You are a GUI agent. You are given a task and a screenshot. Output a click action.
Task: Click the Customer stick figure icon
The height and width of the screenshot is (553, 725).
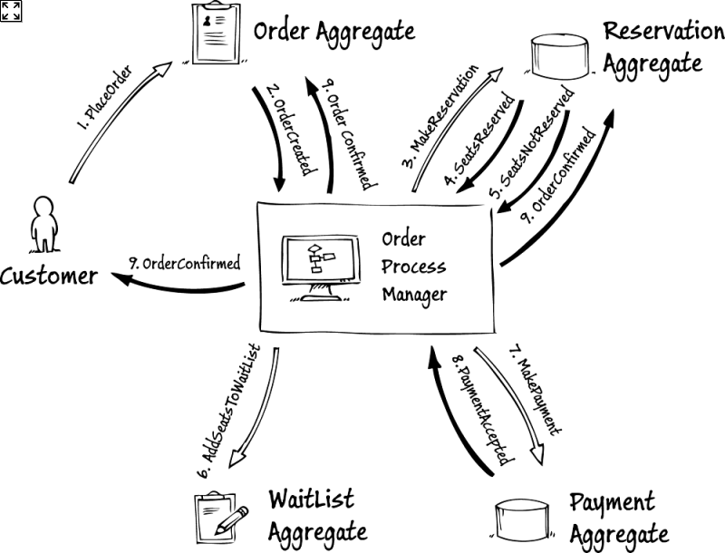[42, 223]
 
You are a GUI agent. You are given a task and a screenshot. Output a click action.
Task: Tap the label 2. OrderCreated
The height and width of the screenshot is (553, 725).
[289, 126]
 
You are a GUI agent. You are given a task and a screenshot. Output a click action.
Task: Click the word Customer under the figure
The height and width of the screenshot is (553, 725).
[49, 276]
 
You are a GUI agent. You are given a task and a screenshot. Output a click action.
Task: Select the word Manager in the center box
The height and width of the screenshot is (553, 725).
[414, 295]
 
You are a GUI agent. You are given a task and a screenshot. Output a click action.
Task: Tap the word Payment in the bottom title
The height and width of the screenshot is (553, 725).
[612, 502]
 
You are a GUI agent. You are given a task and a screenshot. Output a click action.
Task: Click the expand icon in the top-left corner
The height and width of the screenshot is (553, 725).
[11, 10]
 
